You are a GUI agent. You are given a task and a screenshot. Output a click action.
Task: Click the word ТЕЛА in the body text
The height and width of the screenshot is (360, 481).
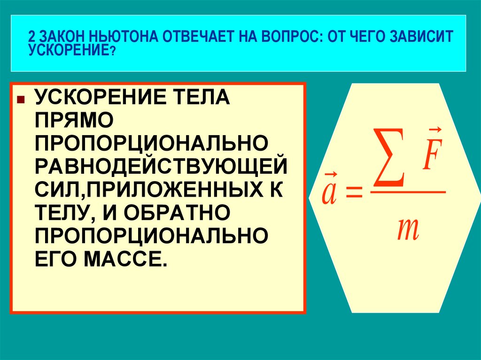(x=197, y=99)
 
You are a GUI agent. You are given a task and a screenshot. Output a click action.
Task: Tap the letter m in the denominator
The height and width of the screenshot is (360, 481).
(x=407, y=229)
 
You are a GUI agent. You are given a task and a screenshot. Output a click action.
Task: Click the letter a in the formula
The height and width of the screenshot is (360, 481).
(x=328, y=194)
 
